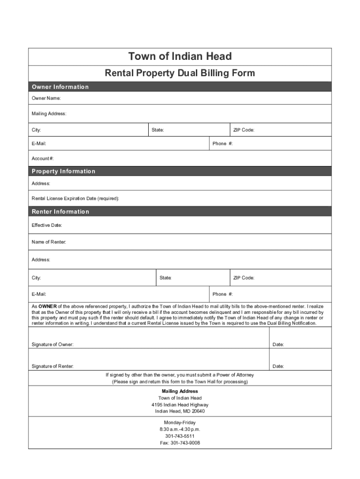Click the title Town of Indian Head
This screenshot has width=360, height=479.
(180, 57)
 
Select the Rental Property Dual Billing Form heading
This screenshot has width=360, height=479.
(180, 73)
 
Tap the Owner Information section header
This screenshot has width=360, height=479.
(60, 87)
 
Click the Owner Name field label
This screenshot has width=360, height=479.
(46, 98)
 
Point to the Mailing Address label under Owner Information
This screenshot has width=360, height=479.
(49, 114)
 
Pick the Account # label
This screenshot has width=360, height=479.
(43, 159)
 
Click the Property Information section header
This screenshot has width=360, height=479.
(63, 171)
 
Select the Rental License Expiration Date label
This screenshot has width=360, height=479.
(75, 199)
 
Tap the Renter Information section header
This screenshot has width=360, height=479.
(60, 212)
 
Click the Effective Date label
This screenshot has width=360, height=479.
(47, 225)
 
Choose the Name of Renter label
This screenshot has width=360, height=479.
(49, 242)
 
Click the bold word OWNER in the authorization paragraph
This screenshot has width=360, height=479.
(47, 306)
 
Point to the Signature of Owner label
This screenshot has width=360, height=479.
(52, 345)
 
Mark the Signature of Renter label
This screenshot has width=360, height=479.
(52, 366)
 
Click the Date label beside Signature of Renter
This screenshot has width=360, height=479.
(278, 366)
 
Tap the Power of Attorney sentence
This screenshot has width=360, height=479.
(180, 375)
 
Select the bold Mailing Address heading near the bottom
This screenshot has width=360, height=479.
(180, 391)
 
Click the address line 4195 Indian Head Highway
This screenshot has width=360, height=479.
(180, 405)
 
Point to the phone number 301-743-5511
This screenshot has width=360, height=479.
(180, 436)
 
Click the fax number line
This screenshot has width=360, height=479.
(180, 443)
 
